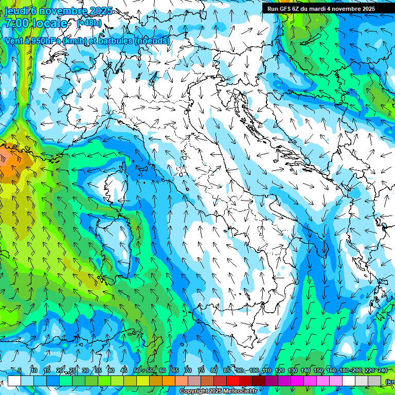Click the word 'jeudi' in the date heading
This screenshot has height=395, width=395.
(x=15, y=11)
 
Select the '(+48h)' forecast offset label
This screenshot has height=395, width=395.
(x=89, y=23)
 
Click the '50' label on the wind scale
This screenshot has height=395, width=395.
(x=136, y=370)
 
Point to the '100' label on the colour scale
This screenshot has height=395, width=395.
(x=254, y=370)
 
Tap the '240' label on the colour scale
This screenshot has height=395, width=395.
(x=383, y=370)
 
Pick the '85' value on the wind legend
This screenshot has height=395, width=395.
(x=227, y=370)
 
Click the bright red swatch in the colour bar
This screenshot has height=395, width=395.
(x=233, y=381)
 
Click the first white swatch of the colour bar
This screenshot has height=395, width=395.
(x=14, y=381)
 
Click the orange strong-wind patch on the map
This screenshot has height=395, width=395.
(x=9, y=165)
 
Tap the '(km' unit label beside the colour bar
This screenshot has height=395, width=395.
(x=390, y=381)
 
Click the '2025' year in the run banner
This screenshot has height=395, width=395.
(x=368, y=9)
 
